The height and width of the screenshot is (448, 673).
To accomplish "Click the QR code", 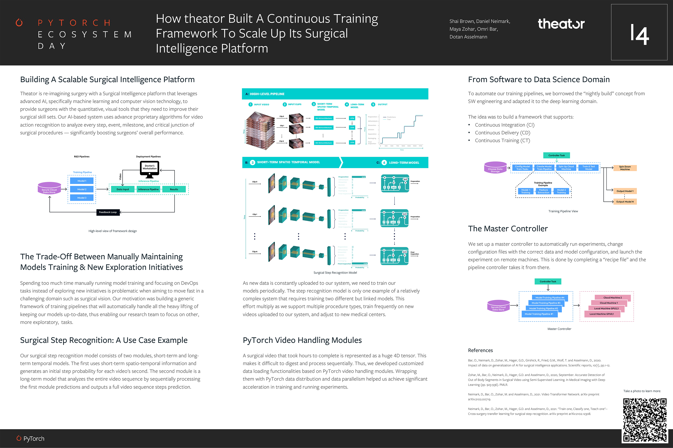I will pyautogui.click(x=645, y=420).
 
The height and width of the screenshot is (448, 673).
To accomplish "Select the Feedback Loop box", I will pyautogui.click(x=108, y=212).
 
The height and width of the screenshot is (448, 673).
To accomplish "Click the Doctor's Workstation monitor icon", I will pyautogui.click(x=149, y=168).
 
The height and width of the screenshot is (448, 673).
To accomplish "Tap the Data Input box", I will pyautogui.click(x=123, y=190).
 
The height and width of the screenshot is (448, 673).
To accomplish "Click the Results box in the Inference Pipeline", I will pyautogui.click(x=174, y=190).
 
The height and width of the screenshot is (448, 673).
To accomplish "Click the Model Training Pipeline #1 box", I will pyautogui.click(x=539, y=314).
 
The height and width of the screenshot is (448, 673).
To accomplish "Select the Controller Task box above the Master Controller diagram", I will pyautogui.click(x=548, y=281).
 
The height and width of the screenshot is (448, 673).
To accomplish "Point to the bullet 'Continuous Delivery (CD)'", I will pyautogui.click(x=502, y=133).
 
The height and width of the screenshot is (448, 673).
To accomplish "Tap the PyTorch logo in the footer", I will pyautogui.click(x=31, y=439).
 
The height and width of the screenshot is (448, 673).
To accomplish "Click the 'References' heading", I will pyautogui.click(x=480, y=350).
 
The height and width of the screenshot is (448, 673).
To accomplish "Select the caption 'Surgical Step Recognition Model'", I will pyautogui.click(x=335, y=273).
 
